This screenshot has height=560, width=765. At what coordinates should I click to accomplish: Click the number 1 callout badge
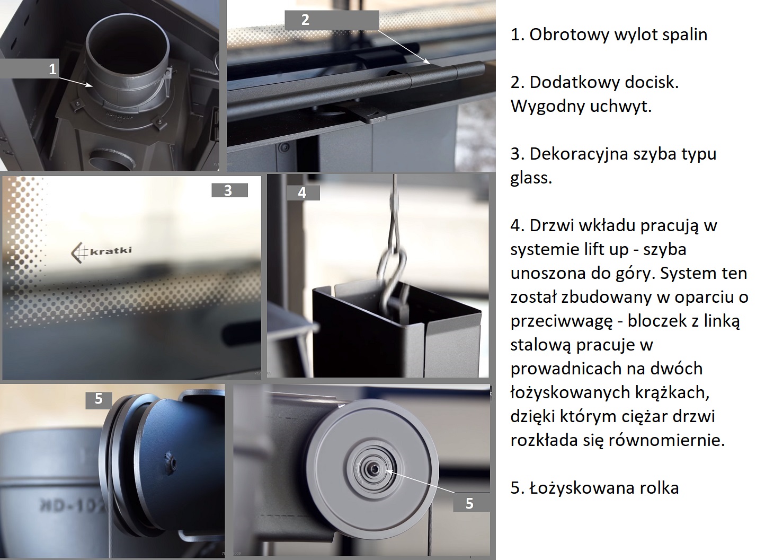point(29,69)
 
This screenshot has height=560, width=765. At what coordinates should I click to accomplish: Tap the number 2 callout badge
point(332,20)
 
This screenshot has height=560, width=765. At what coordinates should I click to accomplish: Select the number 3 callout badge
point(229,190)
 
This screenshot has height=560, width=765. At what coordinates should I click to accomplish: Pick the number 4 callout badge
point(303,193)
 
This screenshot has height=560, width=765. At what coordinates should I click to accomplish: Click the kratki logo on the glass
point(101,252)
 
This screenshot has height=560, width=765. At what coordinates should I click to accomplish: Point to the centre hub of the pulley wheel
point(375,468)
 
